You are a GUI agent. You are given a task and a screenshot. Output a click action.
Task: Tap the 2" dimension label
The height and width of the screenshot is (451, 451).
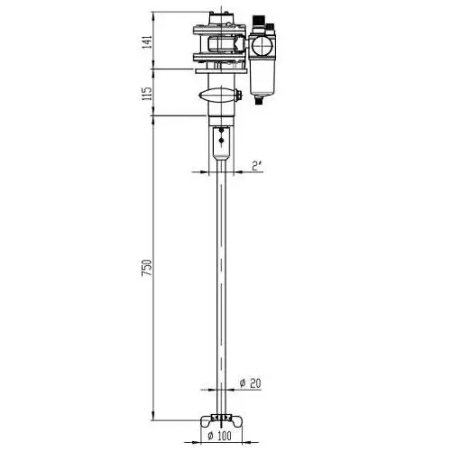click(x=256, y=165)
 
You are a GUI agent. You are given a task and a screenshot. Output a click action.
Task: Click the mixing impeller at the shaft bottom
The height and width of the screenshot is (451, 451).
click(x=220, y=419)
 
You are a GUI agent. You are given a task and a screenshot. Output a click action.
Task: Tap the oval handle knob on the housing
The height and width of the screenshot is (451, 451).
click(x=218, y=96)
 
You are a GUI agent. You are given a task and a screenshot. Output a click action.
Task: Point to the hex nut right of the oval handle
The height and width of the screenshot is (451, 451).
click(x=240, y=96)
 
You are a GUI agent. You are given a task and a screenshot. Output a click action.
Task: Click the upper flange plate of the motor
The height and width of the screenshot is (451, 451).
click(x=218, y=31)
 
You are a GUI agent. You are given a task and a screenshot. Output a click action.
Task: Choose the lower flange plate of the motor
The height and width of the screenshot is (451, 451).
click(x=218, y=57)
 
